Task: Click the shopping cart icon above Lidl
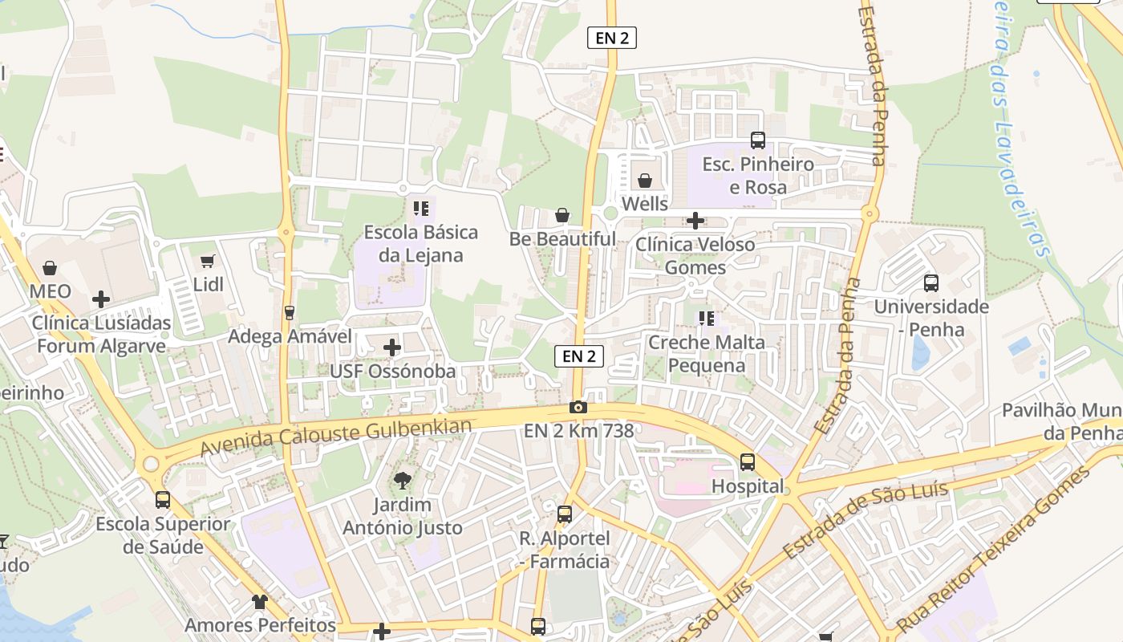point(208,261)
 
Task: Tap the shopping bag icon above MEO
point(50,267)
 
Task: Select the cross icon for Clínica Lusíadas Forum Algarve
point(101,299)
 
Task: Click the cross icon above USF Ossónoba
point(392,347)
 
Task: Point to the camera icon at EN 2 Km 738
point(578,408)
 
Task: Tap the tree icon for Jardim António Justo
point(402,481)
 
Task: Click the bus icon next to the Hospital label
point(748,462)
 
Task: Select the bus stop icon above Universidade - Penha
point(931,283)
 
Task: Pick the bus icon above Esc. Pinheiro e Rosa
point(758,140)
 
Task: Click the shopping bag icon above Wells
point(645,181)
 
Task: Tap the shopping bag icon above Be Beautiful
point(562,215)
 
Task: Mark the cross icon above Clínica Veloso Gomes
point(695,220)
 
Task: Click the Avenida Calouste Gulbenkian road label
point(335,437)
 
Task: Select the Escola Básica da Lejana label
point(421,244)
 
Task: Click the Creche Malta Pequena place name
point(707,354)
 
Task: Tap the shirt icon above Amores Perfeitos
point(260,601)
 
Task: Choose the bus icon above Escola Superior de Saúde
point(163,500)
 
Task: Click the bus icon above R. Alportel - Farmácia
point(565,514)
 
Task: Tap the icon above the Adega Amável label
point(290,312)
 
